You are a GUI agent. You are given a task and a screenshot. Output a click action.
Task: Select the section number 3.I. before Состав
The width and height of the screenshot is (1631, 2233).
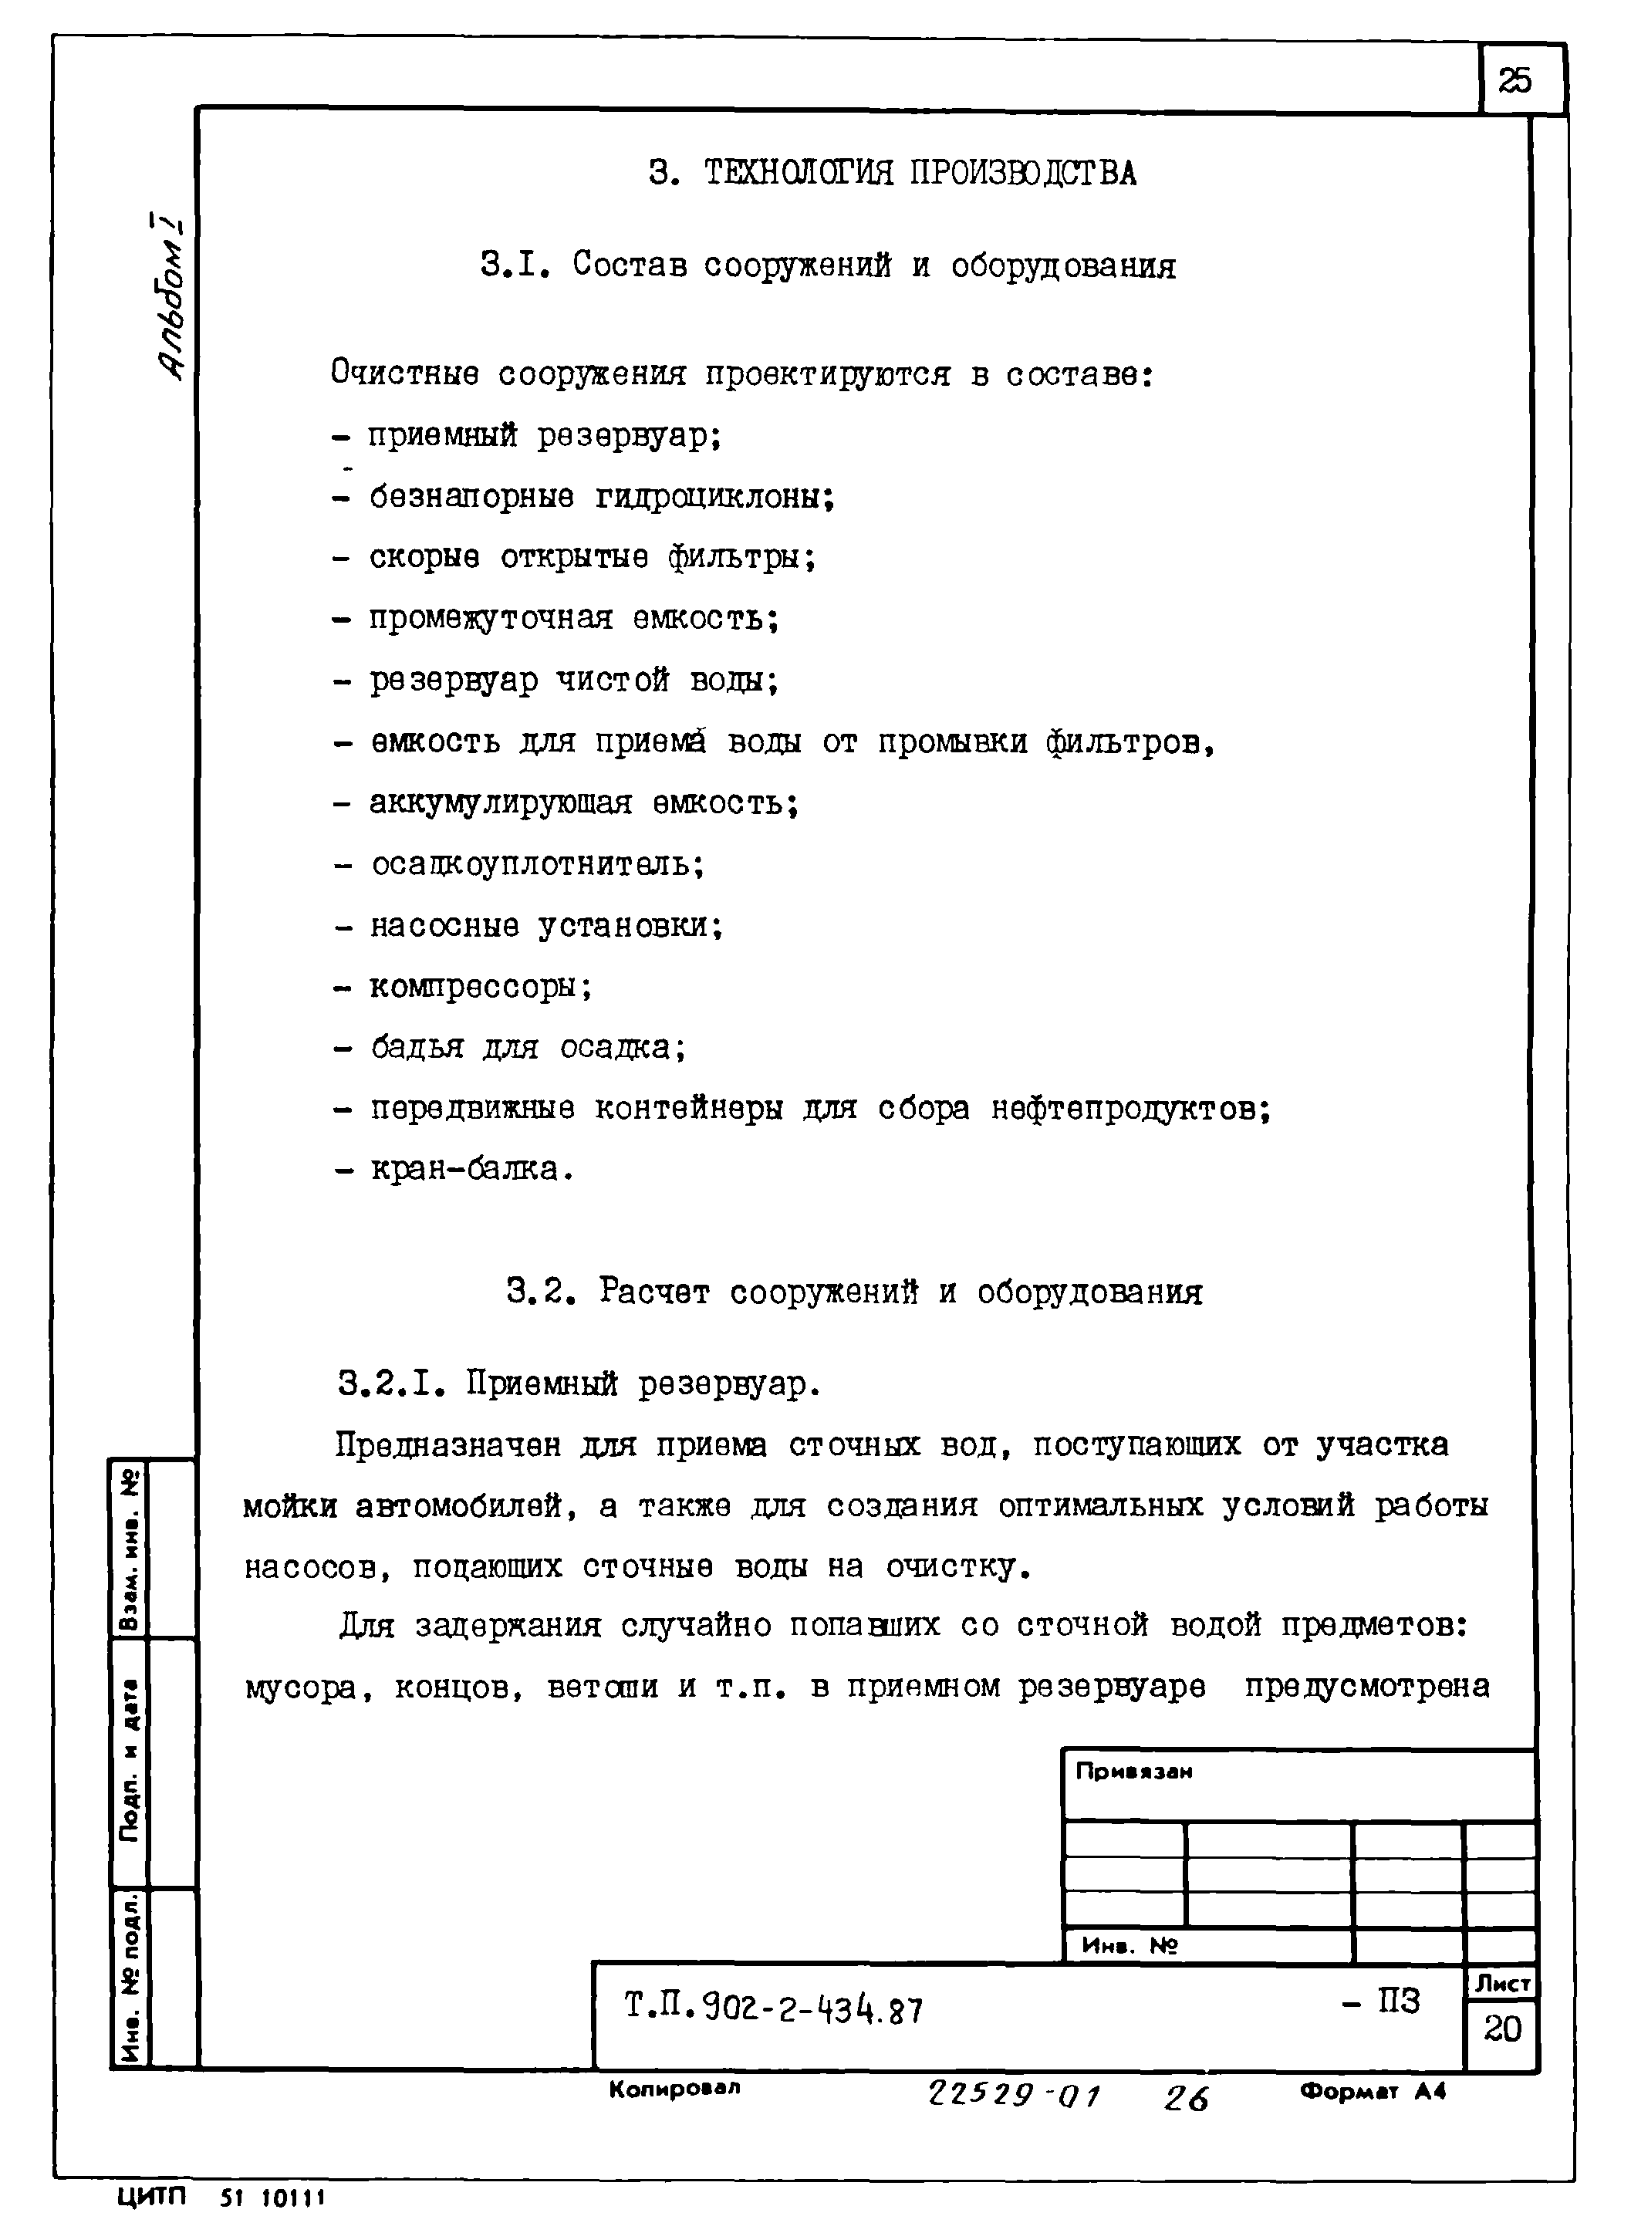pyautogui.click(x=513, y=265)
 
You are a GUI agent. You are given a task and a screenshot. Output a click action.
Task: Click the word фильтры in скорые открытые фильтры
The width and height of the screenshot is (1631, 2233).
pyautogui.click(x=741, y=559)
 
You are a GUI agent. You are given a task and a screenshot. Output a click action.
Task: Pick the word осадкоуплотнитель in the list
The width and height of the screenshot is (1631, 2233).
pyautogui.click(x=537, y=865)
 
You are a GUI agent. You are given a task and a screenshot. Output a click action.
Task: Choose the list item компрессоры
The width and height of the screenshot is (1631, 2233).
pyautogui.click(x=481, y=987)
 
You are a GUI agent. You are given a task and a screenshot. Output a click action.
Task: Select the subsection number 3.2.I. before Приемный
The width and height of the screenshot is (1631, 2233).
pyautogui.click(x=389, y=1385)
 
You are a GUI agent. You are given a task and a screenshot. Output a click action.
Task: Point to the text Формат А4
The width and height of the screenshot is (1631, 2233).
pyautogui.click(x=1373, y=2091)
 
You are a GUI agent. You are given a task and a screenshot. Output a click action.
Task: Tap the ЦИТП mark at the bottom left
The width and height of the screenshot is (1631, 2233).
pyautogui.click(x=151, y=2198)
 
